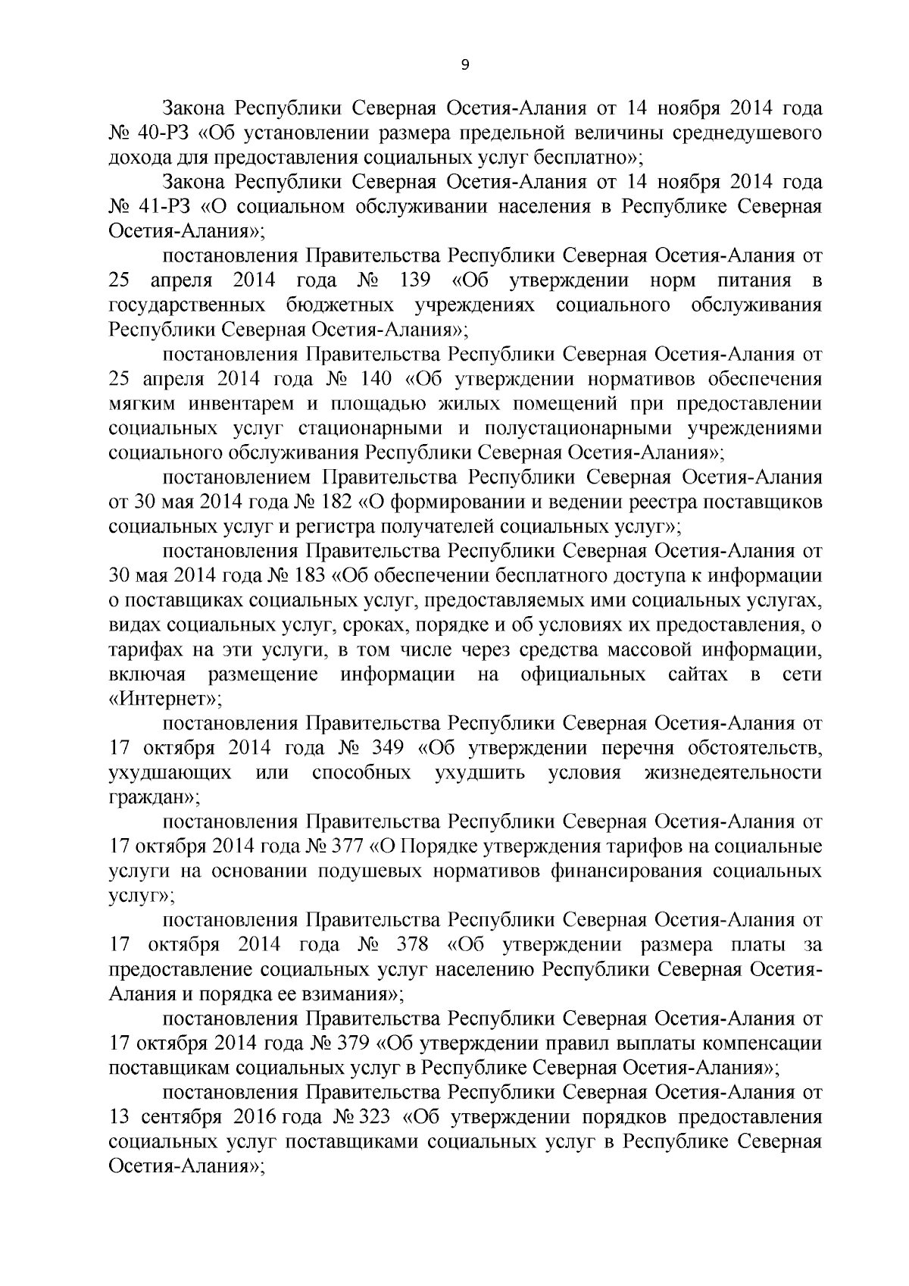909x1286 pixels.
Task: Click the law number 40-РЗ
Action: click(166, 135)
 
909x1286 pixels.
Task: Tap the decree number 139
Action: click(414, 281)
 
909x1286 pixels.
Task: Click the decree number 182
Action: click(326, 502)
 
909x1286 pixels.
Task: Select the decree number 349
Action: click(386, 749)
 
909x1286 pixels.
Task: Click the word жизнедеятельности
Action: click(733, 774)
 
